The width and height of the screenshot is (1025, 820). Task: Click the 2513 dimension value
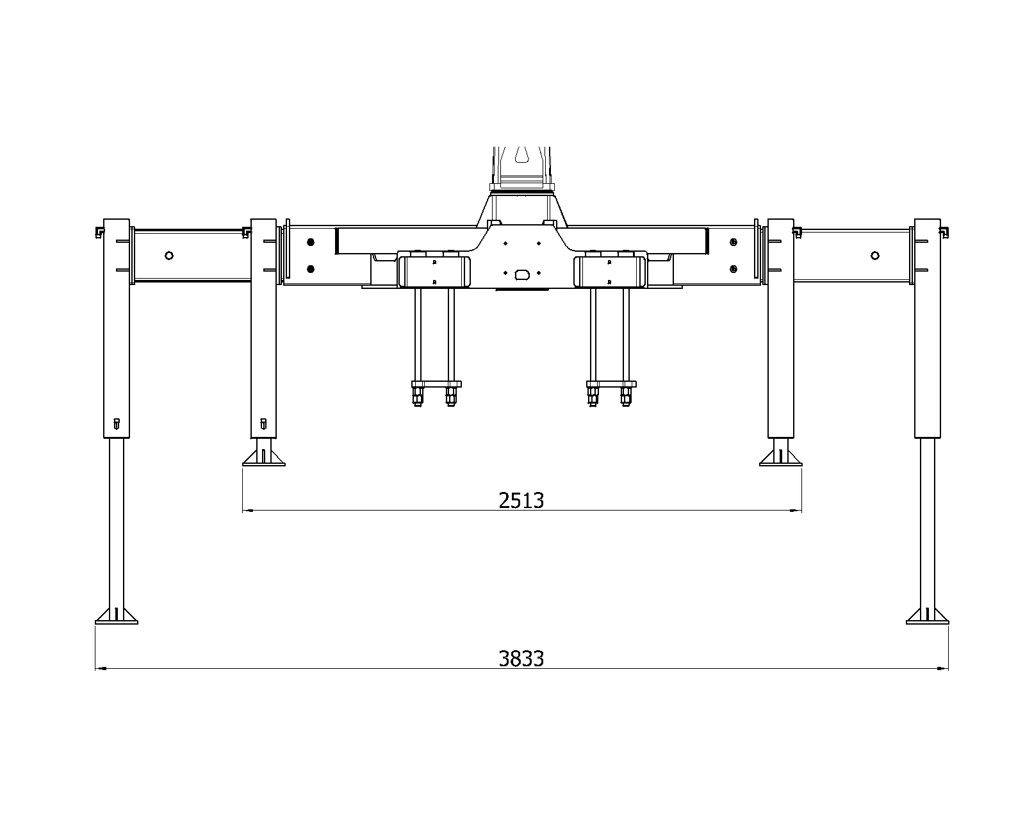(521, 501)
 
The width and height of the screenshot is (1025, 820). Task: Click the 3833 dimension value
(521, 659)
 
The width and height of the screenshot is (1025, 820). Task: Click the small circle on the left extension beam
(169, 256)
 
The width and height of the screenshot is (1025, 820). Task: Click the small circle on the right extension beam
(875, 256)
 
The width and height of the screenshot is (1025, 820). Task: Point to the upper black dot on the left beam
(311, 243)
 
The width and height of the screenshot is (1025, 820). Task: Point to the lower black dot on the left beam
(311, 269)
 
